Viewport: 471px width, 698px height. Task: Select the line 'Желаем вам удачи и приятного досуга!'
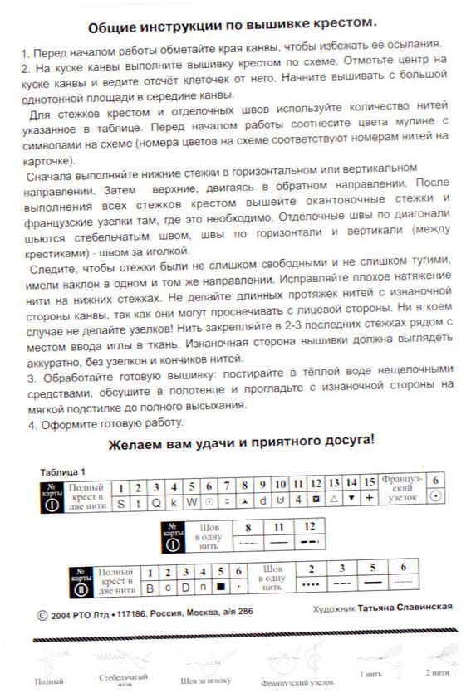click(242, 440)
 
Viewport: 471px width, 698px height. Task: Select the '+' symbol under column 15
click(369, 503)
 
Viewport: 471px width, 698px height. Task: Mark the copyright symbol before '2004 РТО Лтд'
click(43, 616)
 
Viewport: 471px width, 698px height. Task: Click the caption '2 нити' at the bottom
click(436, 674)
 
